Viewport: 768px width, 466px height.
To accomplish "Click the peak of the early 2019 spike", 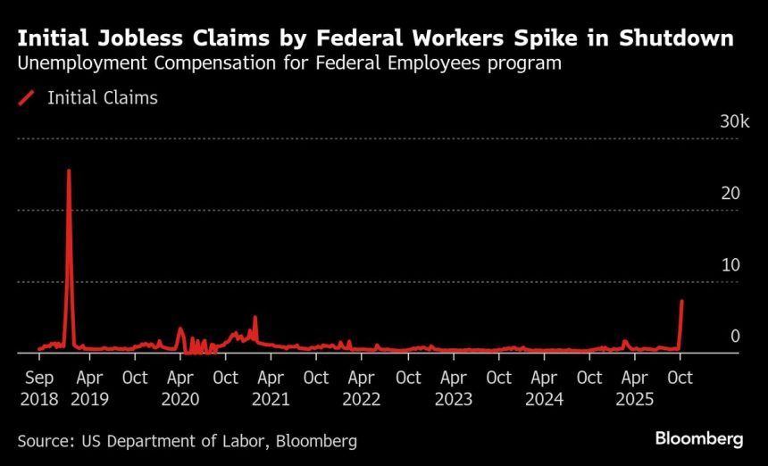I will pyautogui.click(x=69, y=171).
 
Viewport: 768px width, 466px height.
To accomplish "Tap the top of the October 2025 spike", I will pyautogui.click(x=682, y=301).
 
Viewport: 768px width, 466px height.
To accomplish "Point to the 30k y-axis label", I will pyautogui.click(x=735, y=121).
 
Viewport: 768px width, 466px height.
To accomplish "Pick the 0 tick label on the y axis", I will pyautogui.click(x=735, y=336).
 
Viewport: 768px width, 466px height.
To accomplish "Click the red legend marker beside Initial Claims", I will pyautogui.click(x=26, y=98).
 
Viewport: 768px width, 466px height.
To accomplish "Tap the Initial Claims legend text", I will pyautogui.click(x=102, y=98).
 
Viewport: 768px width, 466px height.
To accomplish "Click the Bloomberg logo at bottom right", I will pyautogui.click(x=699, y=438).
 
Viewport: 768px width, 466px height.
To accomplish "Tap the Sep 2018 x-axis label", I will pyautogui.click(x=39, y=388).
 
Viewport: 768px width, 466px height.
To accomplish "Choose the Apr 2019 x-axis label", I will pyautogui.click(x=89, y=388).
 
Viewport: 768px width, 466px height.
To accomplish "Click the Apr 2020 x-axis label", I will pyautogui.click(x=180, y=388).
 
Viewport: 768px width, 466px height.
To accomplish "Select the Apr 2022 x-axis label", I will pyautogui.click(x=362, y=388).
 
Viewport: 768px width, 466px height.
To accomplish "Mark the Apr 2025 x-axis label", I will pyautogui.click(x=634, y=388).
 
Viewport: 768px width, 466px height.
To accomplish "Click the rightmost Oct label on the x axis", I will pyautogui.click(x=680, y=378).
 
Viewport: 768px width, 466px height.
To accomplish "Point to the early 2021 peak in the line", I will pyautogui.click(x=255, y=317).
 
